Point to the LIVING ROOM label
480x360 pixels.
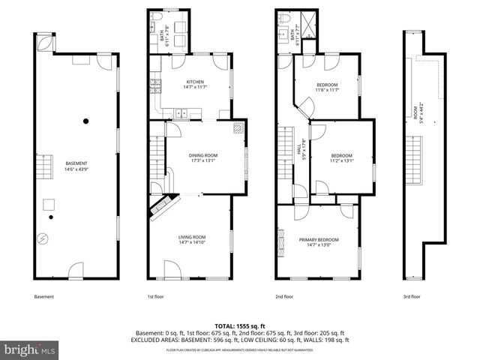point(192,239)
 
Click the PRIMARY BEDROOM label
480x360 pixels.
point(318,241)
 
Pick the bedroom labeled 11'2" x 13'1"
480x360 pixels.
point(341,157)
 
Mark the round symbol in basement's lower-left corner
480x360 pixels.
point(43,239)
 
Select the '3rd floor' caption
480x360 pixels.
point(412,297)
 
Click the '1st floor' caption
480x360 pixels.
point(155,297)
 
